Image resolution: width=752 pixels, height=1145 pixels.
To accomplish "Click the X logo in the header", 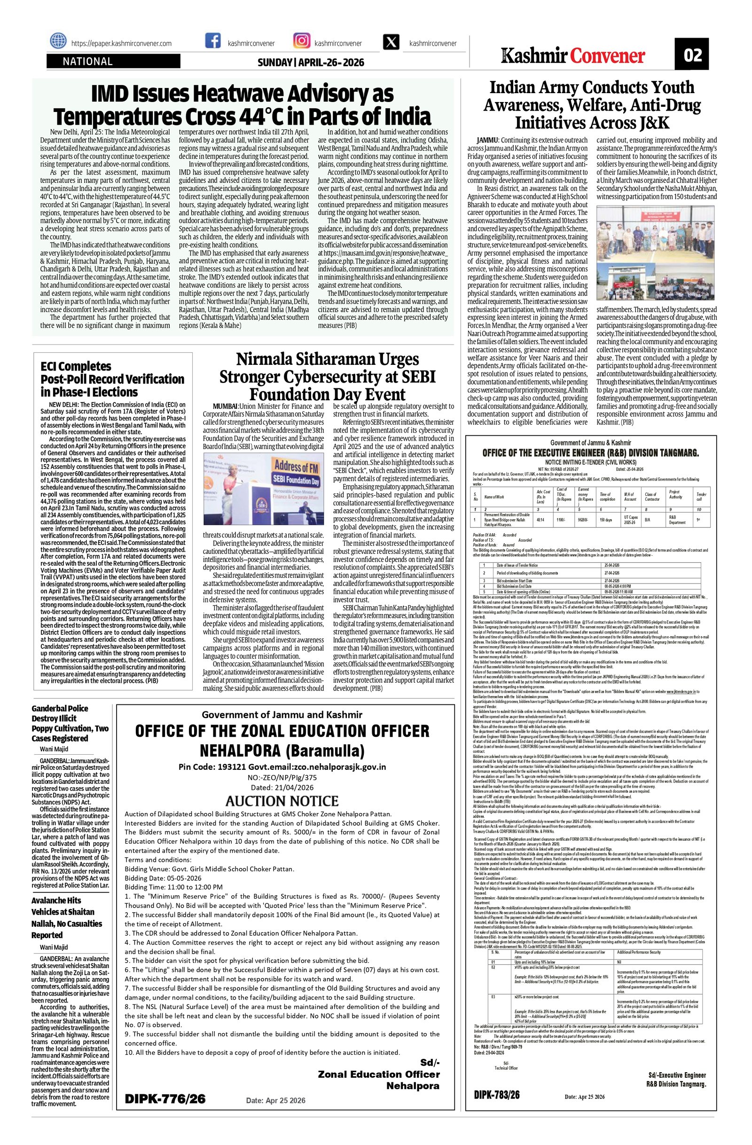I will tap(391, 42).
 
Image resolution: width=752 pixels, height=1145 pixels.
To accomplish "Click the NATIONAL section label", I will tap(87, 62).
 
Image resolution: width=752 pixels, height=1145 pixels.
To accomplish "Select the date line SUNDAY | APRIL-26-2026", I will tap(311, 63).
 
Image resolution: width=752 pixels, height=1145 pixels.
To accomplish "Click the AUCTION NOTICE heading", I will tap(282, 800).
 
